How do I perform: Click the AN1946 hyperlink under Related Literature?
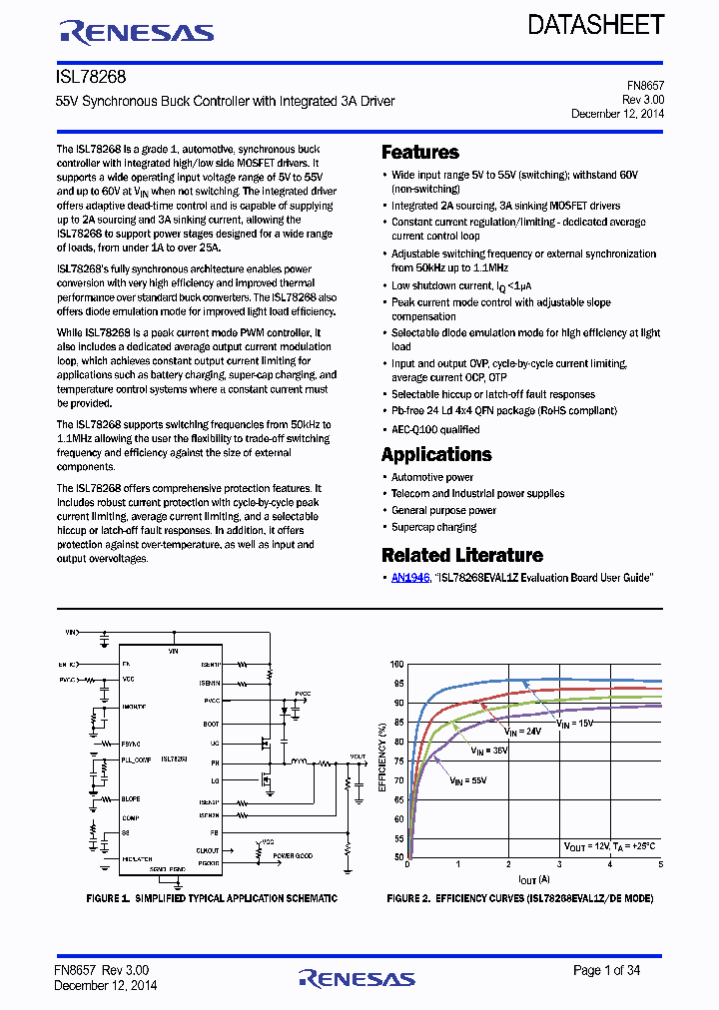point(409,578)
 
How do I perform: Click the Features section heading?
point(420,153)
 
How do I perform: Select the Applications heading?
point(436,454)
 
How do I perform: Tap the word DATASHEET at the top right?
point(595,25)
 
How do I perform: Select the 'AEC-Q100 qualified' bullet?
point(435,429)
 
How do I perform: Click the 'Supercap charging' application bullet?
point(433,527)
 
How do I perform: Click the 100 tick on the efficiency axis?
point(396,665)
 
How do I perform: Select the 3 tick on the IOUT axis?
point(559,866)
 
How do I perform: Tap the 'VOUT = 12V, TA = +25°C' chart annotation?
point(609,846)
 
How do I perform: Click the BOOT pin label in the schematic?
point(211,724)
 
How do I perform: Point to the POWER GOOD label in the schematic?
point(294,855)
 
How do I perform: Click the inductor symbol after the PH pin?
point(298,761)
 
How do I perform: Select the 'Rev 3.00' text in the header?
point(643,100)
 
